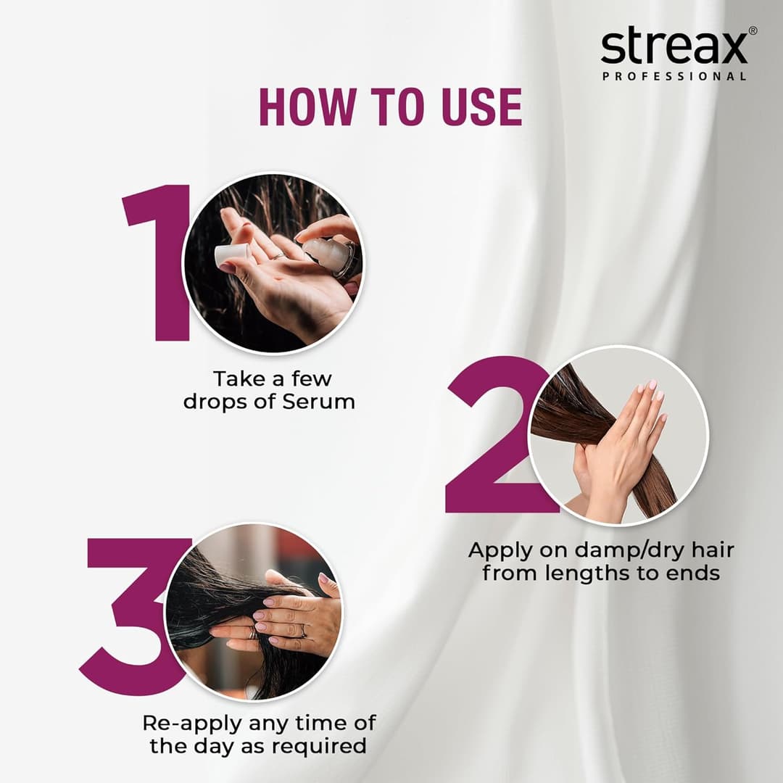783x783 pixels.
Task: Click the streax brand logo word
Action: pos(673,48)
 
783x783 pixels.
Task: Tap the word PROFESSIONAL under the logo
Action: pos(674,76)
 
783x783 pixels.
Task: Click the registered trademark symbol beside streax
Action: pos(753,31)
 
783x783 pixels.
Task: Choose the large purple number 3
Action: pos(134,616)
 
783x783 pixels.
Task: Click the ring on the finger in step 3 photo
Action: pos(303,631)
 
